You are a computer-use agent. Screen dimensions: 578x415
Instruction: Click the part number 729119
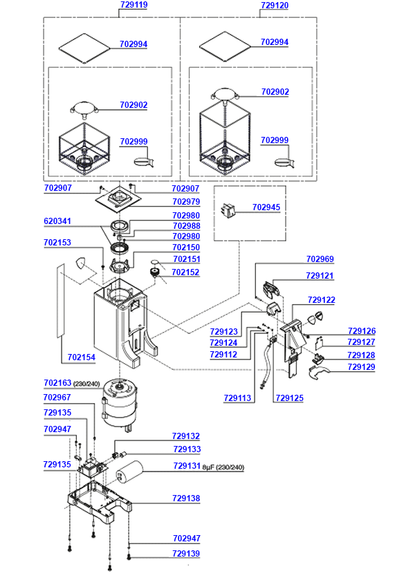tap(133, 5)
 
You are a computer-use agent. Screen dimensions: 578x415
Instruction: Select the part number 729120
tap(275, 5)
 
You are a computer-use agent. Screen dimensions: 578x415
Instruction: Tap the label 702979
tap(186, 202)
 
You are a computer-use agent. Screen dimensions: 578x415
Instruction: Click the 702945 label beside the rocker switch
tap(266, 207)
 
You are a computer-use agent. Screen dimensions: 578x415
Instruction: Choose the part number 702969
tap(320, 259)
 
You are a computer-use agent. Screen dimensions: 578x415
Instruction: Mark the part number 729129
tap(362, 367)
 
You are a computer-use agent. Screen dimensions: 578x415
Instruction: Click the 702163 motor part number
tap(57, 382)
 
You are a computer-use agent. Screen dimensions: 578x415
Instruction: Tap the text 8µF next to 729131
tap(210, 467)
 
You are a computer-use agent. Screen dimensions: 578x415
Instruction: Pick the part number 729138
tap(186, 498)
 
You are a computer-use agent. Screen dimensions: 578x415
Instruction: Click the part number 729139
tap(186, 554)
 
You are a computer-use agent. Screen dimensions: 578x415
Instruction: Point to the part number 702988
tap(186, 226)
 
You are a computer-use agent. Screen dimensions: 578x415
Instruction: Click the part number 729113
tap(238, 398)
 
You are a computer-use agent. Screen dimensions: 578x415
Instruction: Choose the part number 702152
tap(186, 272)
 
